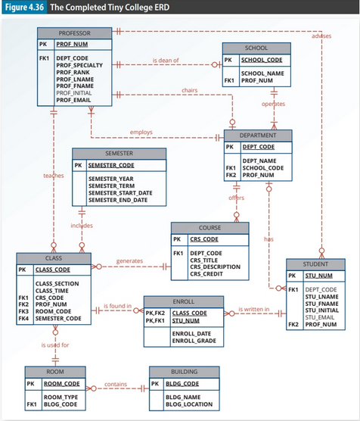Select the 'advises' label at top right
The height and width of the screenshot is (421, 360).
(321, 36)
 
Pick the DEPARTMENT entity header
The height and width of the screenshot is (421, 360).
(257, 134)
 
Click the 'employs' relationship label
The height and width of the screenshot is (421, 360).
(141, 133)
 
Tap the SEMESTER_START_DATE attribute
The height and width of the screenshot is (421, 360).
(120, 193)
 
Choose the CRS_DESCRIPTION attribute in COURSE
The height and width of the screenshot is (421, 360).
(215, 267)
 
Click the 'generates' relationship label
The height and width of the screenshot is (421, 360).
(129, 261)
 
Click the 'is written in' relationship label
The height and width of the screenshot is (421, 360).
(254, 309)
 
